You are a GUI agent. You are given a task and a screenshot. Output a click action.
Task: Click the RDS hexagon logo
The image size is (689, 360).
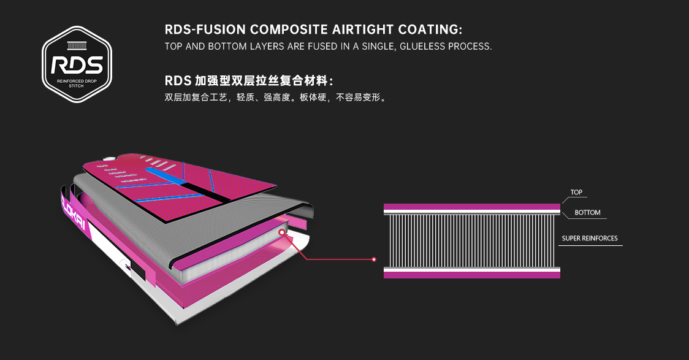click(77, 64)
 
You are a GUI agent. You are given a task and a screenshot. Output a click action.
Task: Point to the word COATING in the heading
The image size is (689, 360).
click(430, 29)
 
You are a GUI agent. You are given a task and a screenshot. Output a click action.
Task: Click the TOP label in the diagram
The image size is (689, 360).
click(576, 192)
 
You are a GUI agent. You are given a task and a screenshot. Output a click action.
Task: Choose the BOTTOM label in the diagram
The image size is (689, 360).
click(587, 212)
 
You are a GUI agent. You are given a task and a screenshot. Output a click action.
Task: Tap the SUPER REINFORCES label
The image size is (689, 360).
click(590, 238)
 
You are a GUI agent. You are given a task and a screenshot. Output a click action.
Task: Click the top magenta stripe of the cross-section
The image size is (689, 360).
click(472, 207)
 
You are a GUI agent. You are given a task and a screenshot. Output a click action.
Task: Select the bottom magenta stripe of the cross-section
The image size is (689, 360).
click(472, 275)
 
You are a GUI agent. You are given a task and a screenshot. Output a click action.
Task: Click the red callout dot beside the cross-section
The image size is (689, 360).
click(374, 259)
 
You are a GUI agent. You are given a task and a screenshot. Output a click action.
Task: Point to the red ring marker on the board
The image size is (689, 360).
click(281, 232)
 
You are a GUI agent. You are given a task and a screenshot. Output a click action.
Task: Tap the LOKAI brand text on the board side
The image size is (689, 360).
click(74, 213)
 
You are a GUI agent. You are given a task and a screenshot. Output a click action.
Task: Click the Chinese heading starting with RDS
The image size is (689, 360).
click(249, 81)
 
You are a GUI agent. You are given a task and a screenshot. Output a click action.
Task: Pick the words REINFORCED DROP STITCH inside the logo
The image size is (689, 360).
click(77, 83)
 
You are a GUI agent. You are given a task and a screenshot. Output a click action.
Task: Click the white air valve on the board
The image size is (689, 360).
click(108, 159)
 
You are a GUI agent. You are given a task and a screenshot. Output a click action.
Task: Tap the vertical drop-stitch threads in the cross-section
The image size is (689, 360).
click(472, 241)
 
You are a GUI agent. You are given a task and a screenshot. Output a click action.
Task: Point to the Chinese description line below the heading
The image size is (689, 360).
click(275, 97)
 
